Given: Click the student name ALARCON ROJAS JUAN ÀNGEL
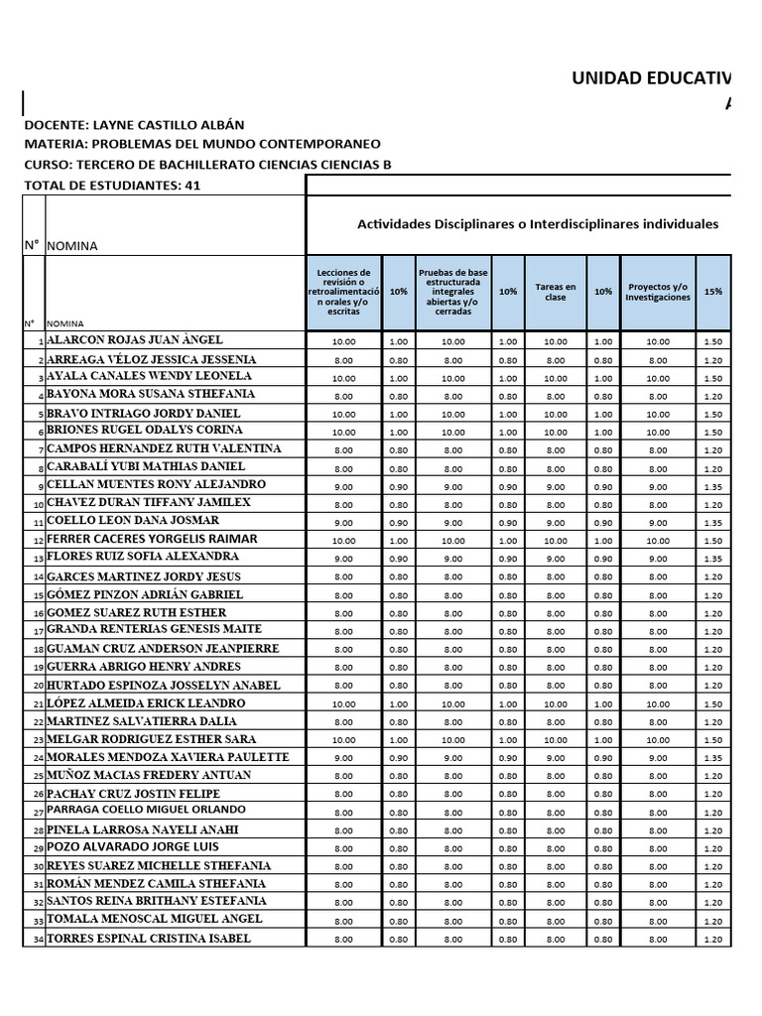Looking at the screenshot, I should (135, 339).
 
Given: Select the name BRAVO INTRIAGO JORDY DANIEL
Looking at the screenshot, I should (143, 412).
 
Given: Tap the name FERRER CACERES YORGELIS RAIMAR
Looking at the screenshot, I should (152, 539).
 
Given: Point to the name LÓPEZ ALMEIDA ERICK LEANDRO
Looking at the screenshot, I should (146, 702).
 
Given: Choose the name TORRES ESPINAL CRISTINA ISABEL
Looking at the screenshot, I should (149, 938).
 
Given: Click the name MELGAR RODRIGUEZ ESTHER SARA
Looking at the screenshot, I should (151, 739).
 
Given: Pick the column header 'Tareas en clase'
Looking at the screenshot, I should (556, 292).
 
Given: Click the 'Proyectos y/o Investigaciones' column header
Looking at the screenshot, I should (658, 292).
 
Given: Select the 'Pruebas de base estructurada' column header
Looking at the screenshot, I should (452, 292).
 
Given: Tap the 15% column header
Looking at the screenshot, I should (712, 292).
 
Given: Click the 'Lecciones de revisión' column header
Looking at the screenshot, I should (343, 292).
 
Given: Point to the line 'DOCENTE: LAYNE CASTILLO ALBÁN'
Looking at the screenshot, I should (133, 125).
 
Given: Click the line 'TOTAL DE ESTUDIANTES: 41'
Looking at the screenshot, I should (111, 186).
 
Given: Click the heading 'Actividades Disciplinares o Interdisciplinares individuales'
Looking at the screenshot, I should (537, 224).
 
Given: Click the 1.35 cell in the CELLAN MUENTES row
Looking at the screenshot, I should (712, 486).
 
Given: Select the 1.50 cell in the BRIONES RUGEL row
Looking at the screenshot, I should (712, 433).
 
